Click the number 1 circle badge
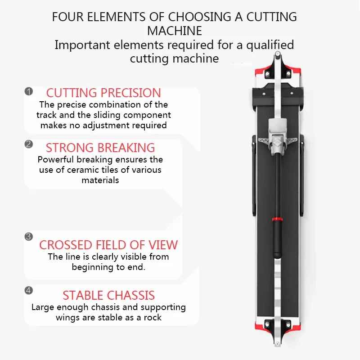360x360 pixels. pos(29,91)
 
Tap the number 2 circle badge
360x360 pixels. pos(29,144)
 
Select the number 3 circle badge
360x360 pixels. pos(29,237)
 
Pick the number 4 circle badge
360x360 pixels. pos(29,290)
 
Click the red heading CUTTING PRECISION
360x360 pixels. pos(103,93)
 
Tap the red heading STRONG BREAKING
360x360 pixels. pos(100,148)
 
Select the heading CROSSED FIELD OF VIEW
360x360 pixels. pos(108,245)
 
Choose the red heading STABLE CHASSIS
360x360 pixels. pos(108,295)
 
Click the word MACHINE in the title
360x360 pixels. pos(175,31)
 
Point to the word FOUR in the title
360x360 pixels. pos(68,17)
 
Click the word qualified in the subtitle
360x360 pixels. pos(270,45)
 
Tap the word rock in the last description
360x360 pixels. pos(153,317)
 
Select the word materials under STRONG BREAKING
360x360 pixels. pos(100,180)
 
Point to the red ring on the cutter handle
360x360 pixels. pos(278,219)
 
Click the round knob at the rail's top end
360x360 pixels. pos(278,54)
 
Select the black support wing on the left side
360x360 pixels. pos(254,175)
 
